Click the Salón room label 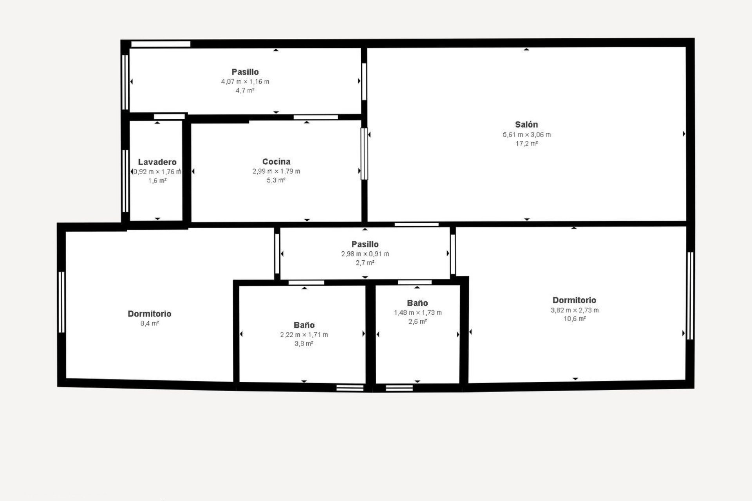pos(526,124)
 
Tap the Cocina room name pos(276,161)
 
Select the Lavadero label pos(157,162)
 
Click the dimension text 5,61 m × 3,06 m pos(527,135)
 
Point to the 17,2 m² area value pos(526,144)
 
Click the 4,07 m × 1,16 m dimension pos(245,81)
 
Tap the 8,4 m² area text pos(149,323)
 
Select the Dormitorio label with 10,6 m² pos(574,300)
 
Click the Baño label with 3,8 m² pos(304,325)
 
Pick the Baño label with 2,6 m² pos(417,303)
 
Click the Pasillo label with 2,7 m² pos(365,244)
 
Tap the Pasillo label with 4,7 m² pos(245,72)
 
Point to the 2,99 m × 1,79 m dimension pos(276,171)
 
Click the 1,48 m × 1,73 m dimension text pos(418,313)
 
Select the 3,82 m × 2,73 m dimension pos(575,310)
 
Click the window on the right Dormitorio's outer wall pos(690,296)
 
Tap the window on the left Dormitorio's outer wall pos(61,302)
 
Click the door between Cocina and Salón pos(364,154)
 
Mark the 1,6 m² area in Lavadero pos(157,181)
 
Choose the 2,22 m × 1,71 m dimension pos(304,335)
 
